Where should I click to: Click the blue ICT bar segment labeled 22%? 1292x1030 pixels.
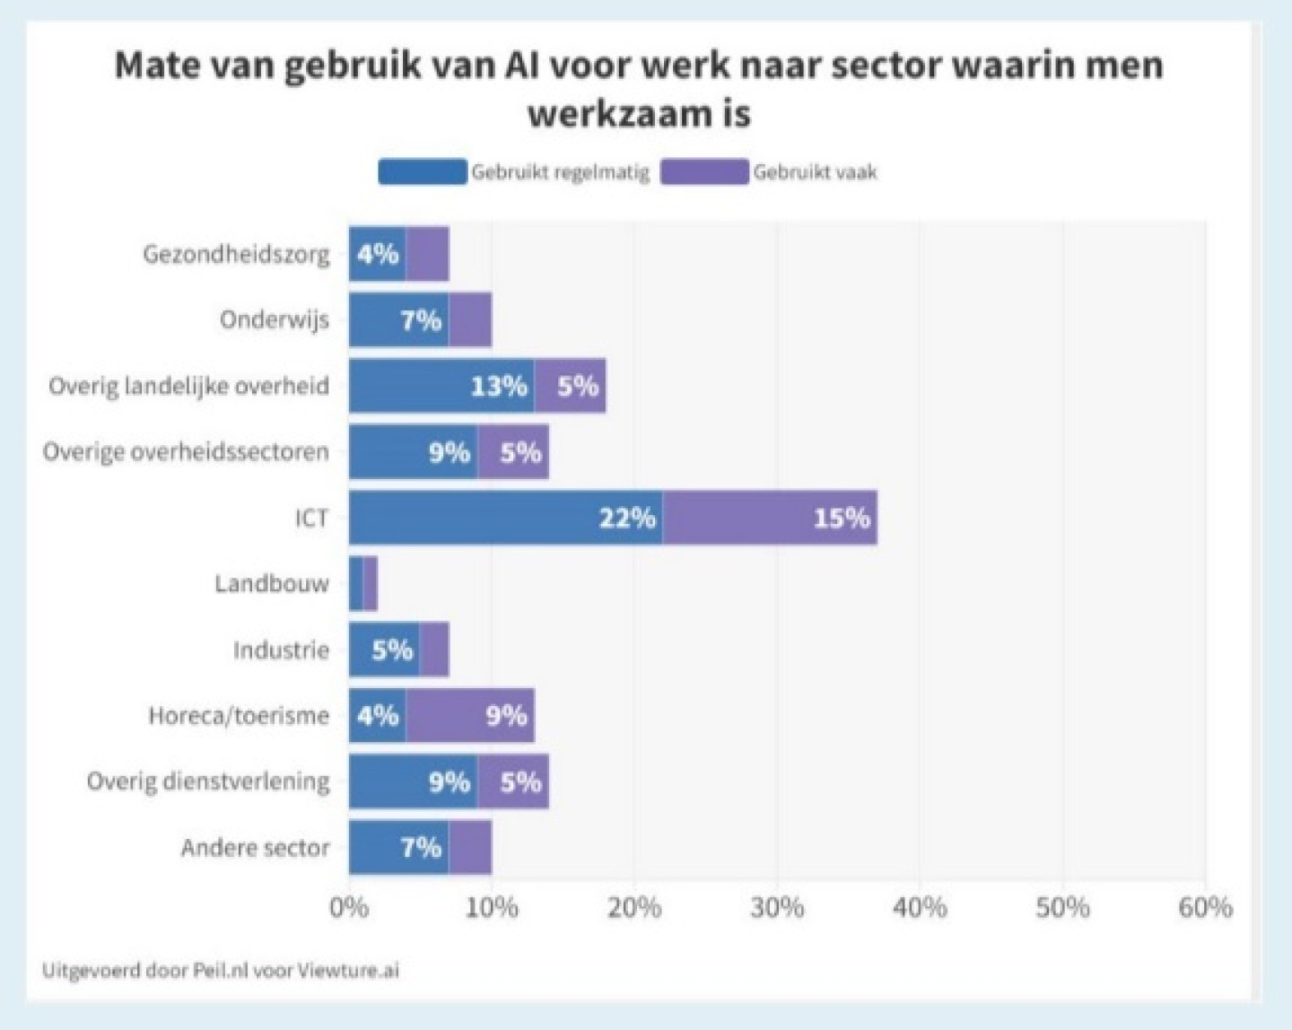[505, 518]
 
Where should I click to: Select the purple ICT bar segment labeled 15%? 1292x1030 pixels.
[770, 518]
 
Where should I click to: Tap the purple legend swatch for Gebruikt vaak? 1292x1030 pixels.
[704, 171]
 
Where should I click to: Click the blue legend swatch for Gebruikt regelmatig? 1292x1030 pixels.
[423, 171]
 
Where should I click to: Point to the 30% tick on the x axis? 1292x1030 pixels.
[777, 908]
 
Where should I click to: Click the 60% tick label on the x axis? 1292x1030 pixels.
[1205, 908]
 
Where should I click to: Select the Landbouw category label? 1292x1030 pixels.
[272, 584]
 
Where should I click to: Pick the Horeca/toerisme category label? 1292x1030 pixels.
[239, 716]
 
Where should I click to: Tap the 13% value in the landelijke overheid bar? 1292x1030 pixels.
[499, 386]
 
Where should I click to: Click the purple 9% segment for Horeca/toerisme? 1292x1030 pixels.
[470, 716]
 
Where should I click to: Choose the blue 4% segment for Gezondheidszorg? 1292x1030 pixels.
[377, 255]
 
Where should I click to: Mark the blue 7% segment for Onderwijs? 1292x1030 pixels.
[398, 320]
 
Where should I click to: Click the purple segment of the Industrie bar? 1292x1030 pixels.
[434, 650]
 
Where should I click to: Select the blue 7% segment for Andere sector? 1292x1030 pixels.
[398, 847]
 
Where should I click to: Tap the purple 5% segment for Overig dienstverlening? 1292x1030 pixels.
[513, 781]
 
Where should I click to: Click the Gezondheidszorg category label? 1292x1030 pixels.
[236, 255]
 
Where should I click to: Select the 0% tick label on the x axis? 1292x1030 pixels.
[349, 908]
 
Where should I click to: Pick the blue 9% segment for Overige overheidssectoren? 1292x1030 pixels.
[413, 452]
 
